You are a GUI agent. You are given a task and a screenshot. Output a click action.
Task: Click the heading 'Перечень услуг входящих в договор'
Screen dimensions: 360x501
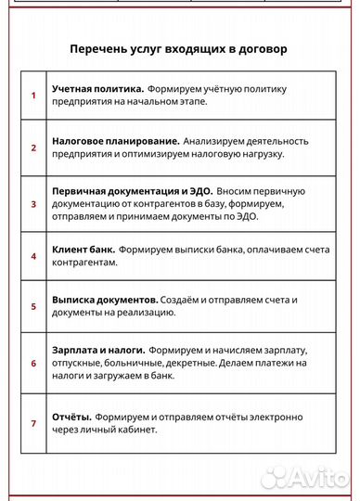[179, 48]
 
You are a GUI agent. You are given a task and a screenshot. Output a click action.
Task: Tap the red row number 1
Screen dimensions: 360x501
[33, 95]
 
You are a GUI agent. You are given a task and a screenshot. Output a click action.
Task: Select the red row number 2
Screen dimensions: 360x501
[33, 148]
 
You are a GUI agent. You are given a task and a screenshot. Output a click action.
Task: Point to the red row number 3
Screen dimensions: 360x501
[33, 202]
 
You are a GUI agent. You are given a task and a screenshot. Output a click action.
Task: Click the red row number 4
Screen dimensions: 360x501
[33, 255]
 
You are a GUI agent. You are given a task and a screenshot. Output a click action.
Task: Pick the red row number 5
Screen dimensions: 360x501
[33, 306]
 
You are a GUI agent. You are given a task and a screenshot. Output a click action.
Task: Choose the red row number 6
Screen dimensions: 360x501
[33, 363]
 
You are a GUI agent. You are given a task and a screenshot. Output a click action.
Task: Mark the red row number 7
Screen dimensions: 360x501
[33, 423]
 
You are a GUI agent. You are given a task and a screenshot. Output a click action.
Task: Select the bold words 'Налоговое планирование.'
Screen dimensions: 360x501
[115, 140]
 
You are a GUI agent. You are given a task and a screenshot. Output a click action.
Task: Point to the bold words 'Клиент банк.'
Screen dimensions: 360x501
[84, 249]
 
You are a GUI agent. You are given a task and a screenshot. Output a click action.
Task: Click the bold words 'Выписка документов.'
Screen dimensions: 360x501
[105, 300]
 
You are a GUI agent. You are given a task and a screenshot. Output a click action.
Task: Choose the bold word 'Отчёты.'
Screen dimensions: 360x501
[71, 416]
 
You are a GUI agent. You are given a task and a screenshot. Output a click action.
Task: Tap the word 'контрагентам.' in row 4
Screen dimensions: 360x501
[85, 263]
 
